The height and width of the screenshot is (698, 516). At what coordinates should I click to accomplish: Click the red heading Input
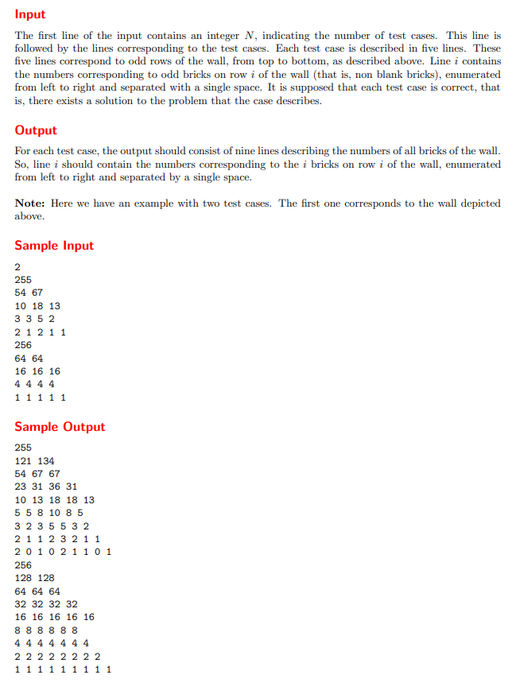point(30,14)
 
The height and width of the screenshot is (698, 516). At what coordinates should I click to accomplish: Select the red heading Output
point(36,130)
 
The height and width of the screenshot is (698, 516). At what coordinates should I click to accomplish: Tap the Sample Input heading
point(54,246)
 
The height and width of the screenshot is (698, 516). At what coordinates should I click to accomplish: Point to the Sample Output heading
point(60,427)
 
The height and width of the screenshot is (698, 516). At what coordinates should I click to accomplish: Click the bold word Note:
point(31,203)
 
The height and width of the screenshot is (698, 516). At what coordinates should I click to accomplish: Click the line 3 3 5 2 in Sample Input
point(34,319)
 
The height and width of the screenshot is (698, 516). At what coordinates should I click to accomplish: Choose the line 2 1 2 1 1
point(40,332)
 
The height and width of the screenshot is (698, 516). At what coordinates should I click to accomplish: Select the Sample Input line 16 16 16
point(37,371)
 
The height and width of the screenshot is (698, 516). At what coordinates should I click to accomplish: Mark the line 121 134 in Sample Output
point(34,461)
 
